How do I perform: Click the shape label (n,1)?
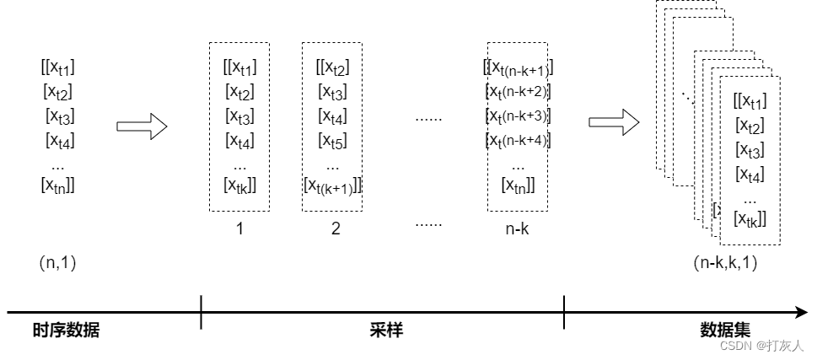(x=58, y=262)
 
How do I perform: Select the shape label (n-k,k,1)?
(x=725, y=262)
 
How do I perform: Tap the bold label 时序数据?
(x=67, y=330)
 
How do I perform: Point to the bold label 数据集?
(x=725, y=330)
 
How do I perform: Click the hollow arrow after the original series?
(x=142, y=127)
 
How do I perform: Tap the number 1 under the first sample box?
(x=239, y=228)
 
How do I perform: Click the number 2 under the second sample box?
(x=336, y=228)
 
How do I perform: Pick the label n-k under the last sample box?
(x=517, y=228)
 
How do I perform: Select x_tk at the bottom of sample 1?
(x=240, y=185)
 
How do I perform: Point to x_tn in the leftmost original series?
(x=58, y=185)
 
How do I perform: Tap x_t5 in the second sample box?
(x=332, y=140)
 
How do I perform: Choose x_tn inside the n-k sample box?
(x=518, y=185)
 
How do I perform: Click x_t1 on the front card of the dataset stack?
(x=750, y=102)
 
